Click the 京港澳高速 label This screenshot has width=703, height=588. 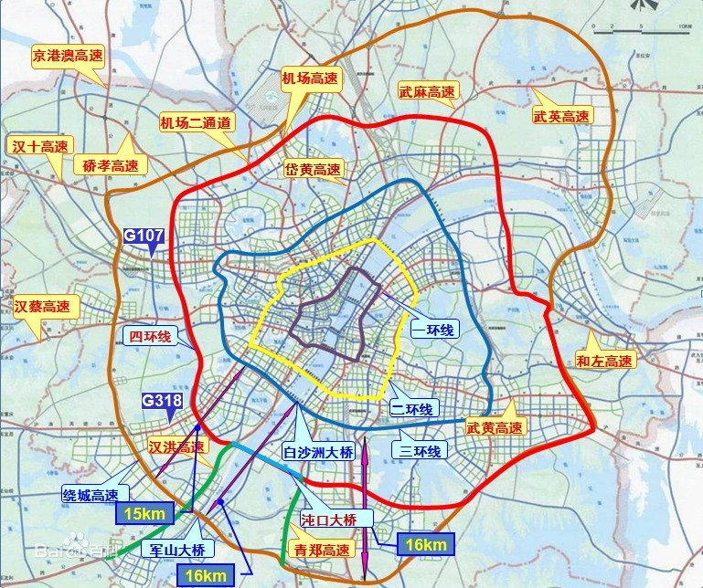[69, 56]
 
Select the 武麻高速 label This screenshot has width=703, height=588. [427, 92]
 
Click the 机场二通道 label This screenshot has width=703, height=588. [197, 122]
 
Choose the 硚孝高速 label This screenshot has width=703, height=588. [110, 166]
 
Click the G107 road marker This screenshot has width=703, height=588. [144, 236]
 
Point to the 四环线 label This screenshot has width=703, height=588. [151, 337]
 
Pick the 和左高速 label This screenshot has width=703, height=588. [604, 361]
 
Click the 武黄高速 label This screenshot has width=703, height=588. [495, 427]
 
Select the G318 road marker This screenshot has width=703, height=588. [162, 401]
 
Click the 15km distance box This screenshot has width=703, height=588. [144, 514]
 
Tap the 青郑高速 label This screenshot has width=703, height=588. [322, 550]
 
